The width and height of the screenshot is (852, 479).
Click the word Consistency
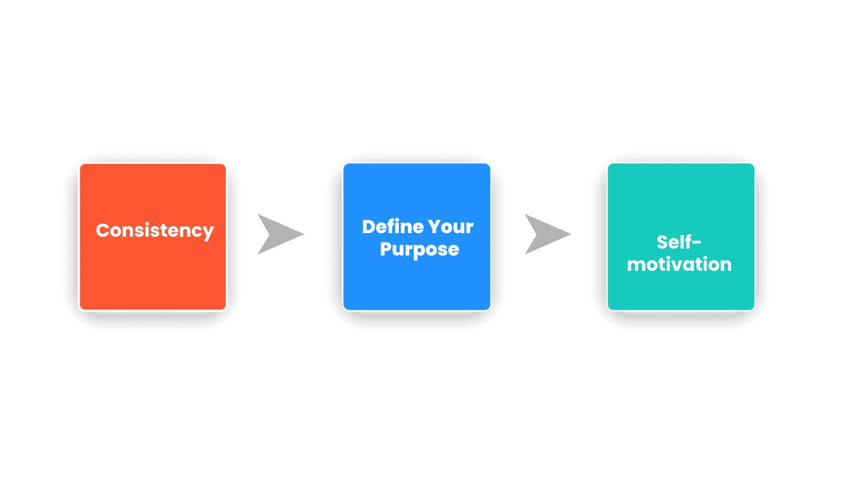pyautogui.click(x=154, y=231)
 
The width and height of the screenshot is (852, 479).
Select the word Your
pyautogui.click(x=450, y=227)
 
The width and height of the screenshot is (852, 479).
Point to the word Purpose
pyautogui.click(x=419, y=250)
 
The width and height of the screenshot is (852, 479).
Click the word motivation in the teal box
pyautogui.click(x=679, y=264)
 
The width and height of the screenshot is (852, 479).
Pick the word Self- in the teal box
pyautogui.click(x=678, y=242)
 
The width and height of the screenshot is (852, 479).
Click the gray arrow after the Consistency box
pyautogui.click(x=281, y=234)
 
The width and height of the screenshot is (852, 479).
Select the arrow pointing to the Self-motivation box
pyautogui.click(x=548, y=234)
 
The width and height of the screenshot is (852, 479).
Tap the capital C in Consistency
pyautogui.click(x=103, y=230)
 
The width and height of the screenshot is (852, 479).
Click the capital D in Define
pyautogui.click(x=370, y=227)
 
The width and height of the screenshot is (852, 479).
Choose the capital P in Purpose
pyautogui.click(x=386, y=249)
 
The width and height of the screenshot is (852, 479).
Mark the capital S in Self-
pyautogui.click(x=663, y=242)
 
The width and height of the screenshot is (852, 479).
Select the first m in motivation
pyautogui.click(x=636, y=266)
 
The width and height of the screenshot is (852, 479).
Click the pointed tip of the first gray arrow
pyautogui.click(x=304, y=234)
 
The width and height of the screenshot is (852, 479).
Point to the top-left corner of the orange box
pyautogui.click(x=80, y=164)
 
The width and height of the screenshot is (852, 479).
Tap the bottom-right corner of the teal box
pyautogui.click(x=755, y=310)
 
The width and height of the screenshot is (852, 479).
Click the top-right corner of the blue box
pyautogui.click(x=490, y=164)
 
